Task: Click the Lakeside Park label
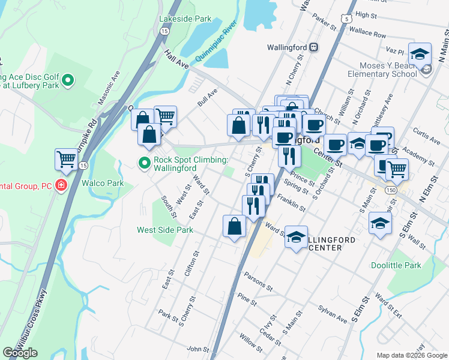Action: [x=185, y=19]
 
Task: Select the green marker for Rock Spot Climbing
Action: [x=144, y=162]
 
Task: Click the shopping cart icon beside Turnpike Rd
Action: [x=66, y=160]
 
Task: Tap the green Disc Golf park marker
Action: [x=68, y=79]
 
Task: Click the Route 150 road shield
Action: [x=391, y=190]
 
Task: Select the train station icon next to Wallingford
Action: [x=314, y=47]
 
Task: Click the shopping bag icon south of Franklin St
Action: [x=234, y=227]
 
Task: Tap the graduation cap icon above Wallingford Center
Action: [x=295, y=237]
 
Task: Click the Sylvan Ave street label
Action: [x=333, y=316]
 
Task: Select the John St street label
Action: [x=197, y=349]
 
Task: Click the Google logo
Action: [x=20, y=353]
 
